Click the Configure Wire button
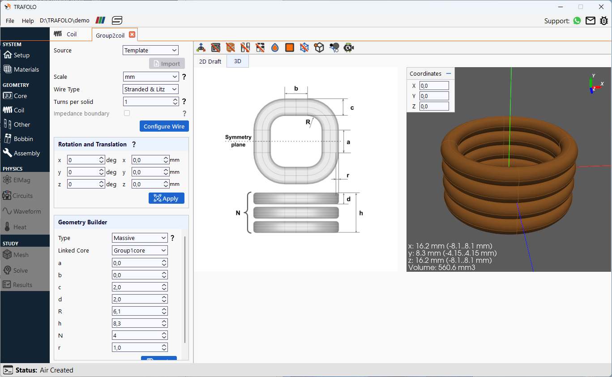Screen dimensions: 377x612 pos(164,126)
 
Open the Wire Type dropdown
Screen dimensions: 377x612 pos(150,89)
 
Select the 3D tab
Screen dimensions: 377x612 pos(238,61)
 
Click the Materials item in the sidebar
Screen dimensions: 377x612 pos(26,69)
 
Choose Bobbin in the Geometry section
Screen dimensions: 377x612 pos(23,139)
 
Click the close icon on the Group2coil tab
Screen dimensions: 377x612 pos(132,35)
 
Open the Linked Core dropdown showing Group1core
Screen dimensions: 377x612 pos(140,250)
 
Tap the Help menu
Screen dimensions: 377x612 pos(28,21)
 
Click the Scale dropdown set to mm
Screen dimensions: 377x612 pos(150,77)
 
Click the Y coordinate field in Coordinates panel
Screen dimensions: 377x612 pos(434,96)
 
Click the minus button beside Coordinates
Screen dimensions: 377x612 pos(448,73)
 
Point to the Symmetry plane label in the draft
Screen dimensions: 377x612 pos(238,141)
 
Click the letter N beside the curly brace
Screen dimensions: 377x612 pos(238,213)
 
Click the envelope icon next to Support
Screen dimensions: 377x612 pos(591,21)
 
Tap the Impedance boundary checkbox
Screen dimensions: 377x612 pos(127,113)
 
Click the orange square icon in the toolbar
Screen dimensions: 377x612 pos(290,47)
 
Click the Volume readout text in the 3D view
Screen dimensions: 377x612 pos(441,267)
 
